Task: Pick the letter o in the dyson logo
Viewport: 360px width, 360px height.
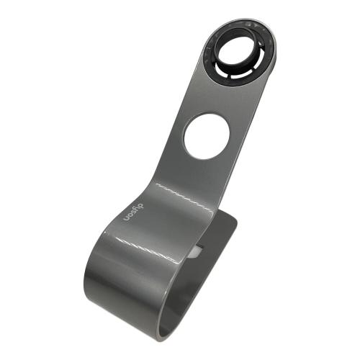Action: [128, 217]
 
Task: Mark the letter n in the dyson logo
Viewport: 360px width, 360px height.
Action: [125, 220]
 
